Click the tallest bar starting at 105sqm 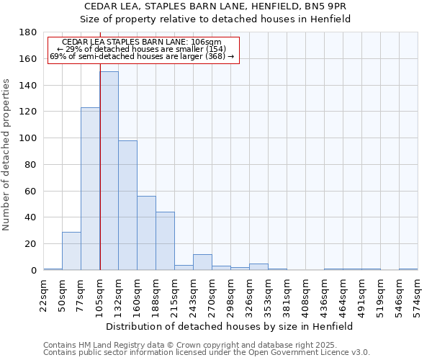coord(109,171)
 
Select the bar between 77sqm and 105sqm coord(90,189)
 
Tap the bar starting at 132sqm coord(127,205)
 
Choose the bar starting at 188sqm coord(165,241)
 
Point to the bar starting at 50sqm coord(71,251)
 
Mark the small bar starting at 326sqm coord(258,267)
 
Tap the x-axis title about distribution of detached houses coord(230,326)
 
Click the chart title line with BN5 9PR coord(215,6)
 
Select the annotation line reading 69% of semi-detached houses coord(142,56)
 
